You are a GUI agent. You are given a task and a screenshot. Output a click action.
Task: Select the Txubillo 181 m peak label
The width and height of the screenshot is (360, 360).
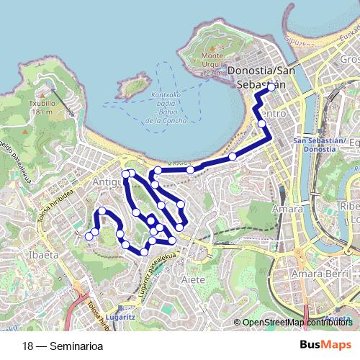(42, 107)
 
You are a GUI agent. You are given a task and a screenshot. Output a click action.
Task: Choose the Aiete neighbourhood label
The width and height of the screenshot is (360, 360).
(194, 279)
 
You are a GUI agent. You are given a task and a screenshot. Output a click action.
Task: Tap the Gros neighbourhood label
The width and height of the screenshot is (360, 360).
(350, 58)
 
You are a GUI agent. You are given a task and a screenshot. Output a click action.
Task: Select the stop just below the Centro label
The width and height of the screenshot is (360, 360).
(262, 124)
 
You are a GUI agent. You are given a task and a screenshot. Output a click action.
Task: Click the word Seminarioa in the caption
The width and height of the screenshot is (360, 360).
(76, 346)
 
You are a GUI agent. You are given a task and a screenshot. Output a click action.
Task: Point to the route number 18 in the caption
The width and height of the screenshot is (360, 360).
(28, 346)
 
